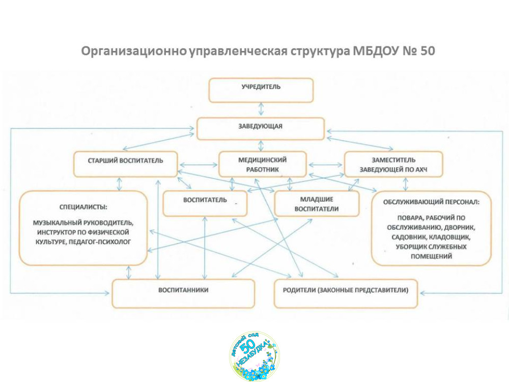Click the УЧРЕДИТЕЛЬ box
pyautogui.click(x=261, y=90)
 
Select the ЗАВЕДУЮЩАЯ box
pyautogui.click(x=261, y=129)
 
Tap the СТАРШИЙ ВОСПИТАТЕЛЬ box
pyautogui.click(x=126, y=164)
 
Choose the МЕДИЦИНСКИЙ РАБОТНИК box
pyautogui.click(x=263, y=164)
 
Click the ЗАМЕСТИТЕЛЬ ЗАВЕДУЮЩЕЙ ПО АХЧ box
pyautogui.click(x=393, y=164)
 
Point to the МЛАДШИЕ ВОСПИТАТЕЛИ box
pyautogui.click(x=317, y=204)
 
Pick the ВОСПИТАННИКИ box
pyautogui.click(x=183, y=293)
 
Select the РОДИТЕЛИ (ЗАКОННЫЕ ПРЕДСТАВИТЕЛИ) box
pyautogui.click(x=346, y=293)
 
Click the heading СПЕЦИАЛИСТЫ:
pyautogui.click(x=83, y=207)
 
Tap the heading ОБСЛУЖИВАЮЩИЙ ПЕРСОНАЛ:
pyautogui.click(x=431, y=202)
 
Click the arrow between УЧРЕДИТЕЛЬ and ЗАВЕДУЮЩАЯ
pyautogui.click(x=261, y=110)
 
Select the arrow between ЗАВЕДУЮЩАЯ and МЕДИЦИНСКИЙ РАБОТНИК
pyautogui.click(x=261, y=146)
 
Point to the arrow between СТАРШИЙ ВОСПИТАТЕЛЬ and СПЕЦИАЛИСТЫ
pyautogui.click(x=120, y=184)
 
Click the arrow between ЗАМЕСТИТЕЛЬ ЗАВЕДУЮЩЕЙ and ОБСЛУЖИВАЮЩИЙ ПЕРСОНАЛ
pyautogui.click(x=405, y=184)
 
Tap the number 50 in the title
pyautogui.click(x=428, y=51)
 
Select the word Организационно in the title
pyautogui.click(x=133, y=51)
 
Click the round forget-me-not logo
pyautogui.click(x=254, y=357)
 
